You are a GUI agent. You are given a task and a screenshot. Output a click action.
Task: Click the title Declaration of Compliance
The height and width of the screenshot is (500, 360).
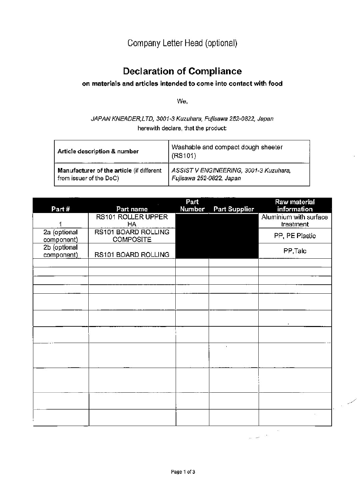182,71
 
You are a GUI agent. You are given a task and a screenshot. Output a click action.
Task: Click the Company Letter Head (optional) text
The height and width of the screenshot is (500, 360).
182,43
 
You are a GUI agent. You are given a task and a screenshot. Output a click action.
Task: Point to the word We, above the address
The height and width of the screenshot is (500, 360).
182,101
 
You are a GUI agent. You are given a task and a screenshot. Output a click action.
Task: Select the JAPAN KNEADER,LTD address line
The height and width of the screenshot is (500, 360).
182,119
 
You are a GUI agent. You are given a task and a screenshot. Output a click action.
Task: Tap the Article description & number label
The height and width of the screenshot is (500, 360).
98,151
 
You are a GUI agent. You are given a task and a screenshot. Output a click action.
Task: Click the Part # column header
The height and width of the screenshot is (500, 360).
60,209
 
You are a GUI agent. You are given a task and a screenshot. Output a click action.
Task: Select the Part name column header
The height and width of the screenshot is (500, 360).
132,209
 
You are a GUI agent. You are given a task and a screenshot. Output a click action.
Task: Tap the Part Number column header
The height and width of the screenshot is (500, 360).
192,205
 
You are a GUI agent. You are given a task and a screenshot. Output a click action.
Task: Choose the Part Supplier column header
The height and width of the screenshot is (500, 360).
234,209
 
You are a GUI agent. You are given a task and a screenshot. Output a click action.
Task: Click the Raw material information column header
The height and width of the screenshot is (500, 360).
295,205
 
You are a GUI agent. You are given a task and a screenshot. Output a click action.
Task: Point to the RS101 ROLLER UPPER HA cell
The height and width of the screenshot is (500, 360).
132,220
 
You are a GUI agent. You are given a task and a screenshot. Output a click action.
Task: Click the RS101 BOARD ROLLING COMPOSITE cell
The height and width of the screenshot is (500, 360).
132,236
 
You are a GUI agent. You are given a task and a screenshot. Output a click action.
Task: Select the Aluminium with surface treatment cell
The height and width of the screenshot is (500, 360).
295,220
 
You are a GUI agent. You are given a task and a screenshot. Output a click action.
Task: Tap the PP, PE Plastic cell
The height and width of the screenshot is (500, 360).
295,236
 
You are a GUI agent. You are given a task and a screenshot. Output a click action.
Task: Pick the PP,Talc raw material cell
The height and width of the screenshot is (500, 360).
295,251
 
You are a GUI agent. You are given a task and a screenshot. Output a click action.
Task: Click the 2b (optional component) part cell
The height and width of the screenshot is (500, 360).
60,251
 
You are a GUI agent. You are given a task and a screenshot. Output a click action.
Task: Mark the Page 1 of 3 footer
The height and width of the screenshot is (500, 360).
183,472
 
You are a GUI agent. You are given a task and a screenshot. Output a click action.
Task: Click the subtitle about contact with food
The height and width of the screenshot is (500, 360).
182,84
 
